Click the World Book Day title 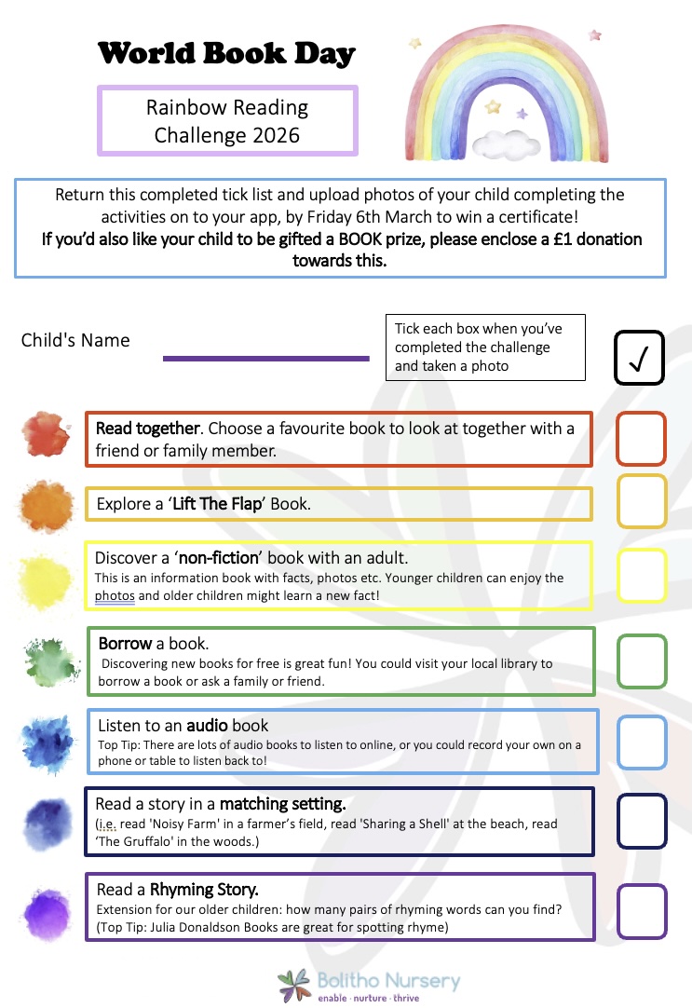click(226, 53)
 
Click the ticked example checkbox click(639, 357)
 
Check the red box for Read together click(641, 439)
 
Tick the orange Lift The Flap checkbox click(641, 502)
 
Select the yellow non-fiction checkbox click(641, 575)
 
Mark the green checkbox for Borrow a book click(641, 661)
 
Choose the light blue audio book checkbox click(641, 742)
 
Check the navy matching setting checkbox click(641, 822)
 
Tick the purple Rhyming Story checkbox click(641, 910)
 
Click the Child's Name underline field click(266, 358)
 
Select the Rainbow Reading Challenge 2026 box click(227, 121)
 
